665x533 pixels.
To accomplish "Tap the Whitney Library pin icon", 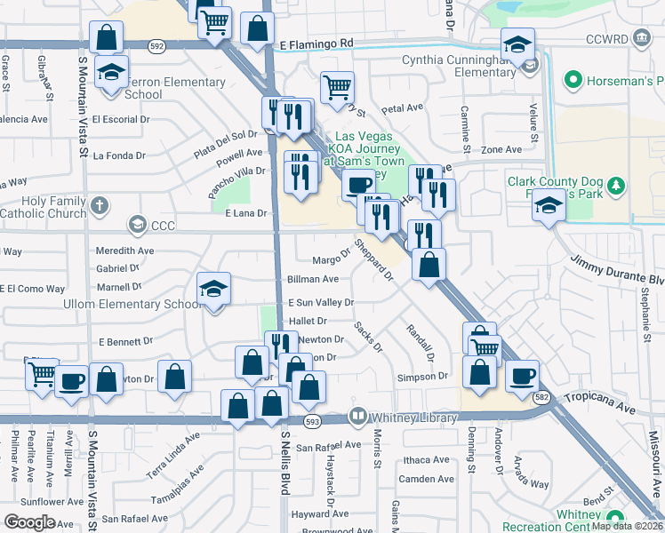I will click(357, 416).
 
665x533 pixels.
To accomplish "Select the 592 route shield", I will click(156, 44).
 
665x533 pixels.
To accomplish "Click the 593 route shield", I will click(311, 421).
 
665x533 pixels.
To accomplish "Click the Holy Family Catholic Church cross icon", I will click(98, 205).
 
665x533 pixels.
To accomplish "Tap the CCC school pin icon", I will click(137, 225).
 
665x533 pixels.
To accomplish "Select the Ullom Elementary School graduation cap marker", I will click(214, 290).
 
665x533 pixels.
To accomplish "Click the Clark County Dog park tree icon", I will click(613, 187).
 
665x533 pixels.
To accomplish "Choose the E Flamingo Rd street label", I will click(316, 43).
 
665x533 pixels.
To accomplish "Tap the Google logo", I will click(29, 521).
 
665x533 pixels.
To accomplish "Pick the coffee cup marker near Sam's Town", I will click(358, 185).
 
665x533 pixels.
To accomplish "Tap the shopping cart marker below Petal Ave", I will click(337, 88).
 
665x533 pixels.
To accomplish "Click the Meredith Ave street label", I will click(125, 251).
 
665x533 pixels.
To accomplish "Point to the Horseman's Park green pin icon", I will click(573, 82).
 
